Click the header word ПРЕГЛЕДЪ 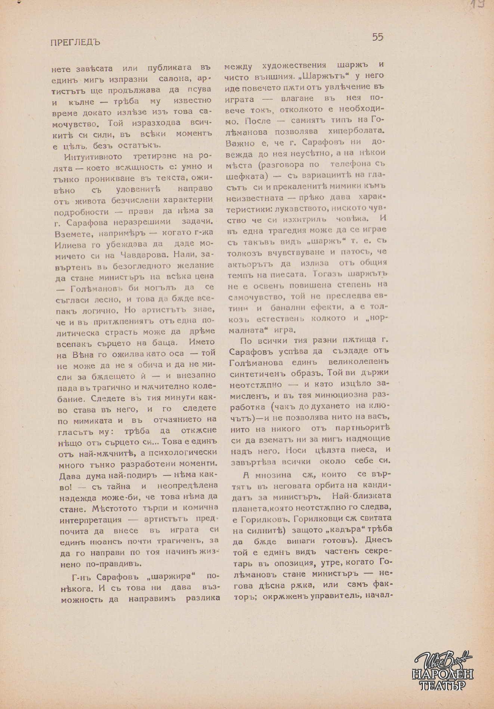(75, 42)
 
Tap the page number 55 (377, 37)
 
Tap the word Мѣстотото (84, 508)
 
